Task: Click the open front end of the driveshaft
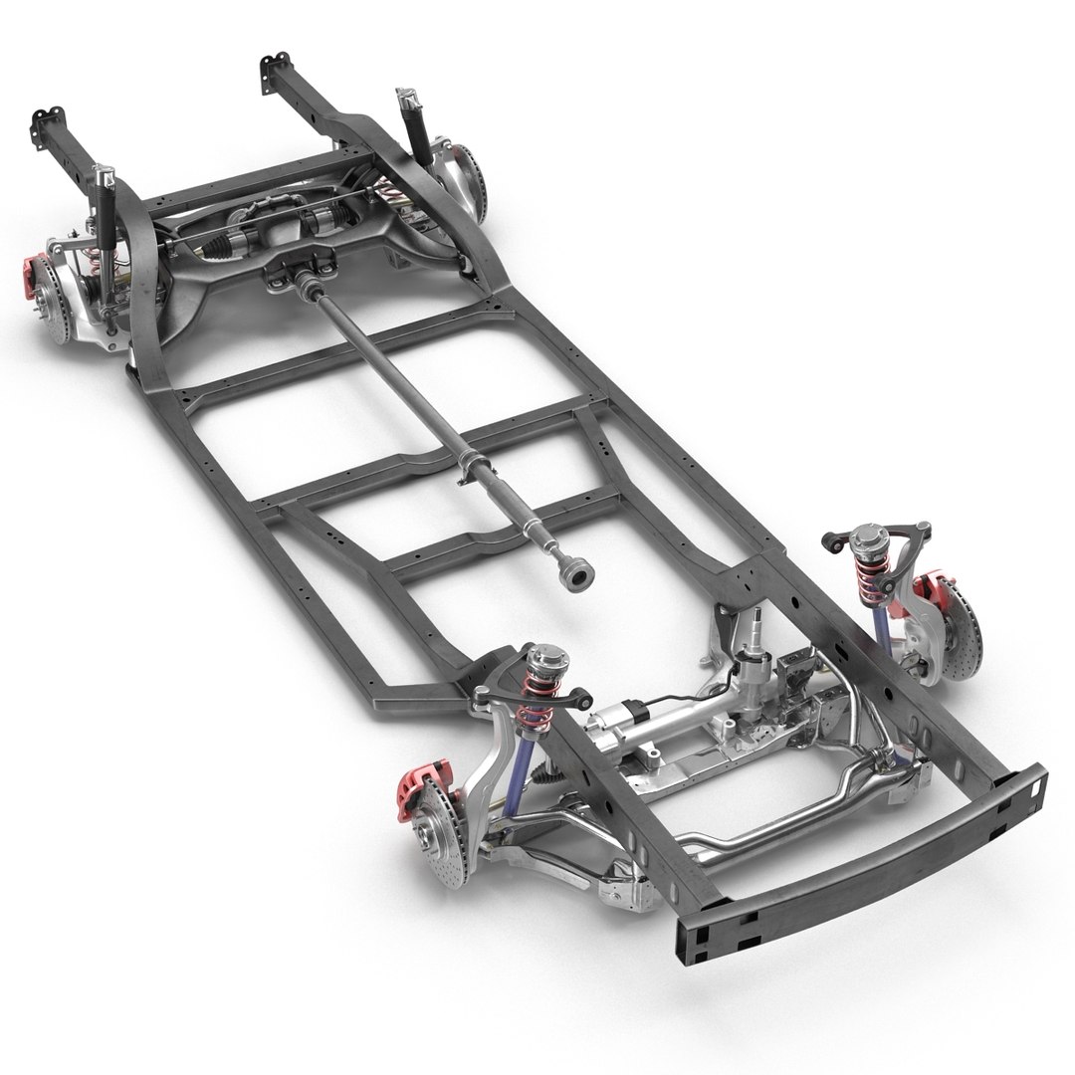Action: point(575,575)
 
